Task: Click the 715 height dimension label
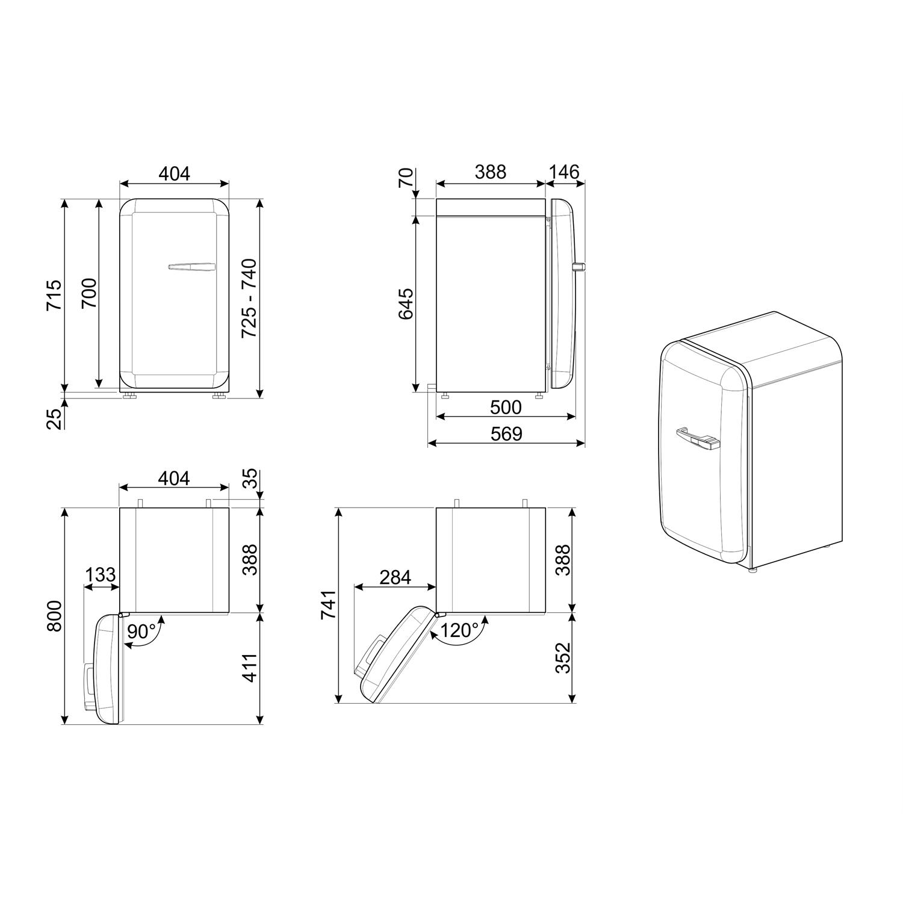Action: tap(54, 294)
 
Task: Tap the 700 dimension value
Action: tap(89, 293)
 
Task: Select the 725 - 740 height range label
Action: tap(249, 297)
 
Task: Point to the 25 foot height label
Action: tap(54, 418)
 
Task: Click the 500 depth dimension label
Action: tap(506, 408)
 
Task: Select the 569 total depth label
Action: tap(506, 433)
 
